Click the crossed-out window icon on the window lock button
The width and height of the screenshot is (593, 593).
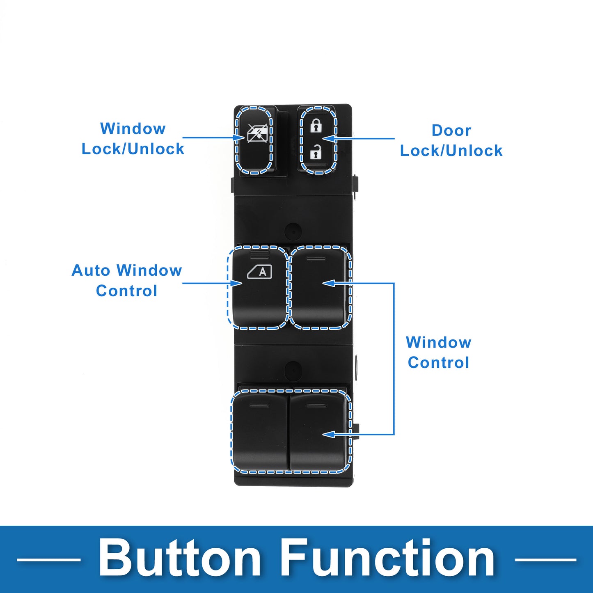pos(257,133)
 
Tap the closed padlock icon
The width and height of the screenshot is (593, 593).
pos(316,126)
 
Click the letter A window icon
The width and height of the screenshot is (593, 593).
pos(260,272)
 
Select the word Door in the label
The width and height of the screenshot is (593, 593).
pos(451,131)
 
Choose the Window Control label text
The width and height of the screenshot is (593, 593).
pos(439,353)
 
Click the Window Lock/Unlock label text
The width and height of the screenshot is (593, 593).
pos(133,139)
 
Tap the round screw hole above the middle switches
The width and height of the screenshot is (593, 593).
pos(293,231)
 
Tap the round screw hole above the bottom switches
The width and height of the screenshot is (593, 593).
pos(293,369)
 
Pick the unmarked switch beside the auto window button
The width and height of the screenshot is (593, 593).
pos(319,287)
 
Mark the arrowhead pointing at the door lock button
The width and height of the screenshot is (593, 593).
pos(328,139)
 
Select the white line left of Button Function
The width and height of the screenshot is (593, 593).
pos(49,559)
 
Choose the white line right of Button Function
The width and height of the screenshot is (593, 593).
pos(545,559)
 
